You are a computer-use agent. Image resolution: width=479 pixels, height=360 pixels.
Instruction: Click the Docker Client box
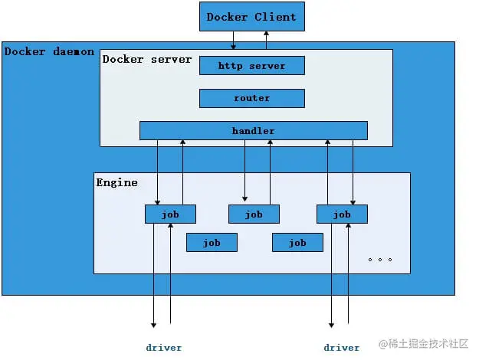click(x=251, y=17)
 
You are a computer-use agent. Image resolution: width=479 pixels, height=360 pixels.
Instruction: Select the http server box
click(x=251, y=66)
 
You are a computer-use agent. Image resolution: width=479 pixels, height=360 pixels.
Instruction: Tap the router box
click(x=251, y=98)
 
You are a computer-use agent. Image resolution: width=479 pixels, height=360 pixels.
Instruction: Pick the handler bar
click(x=253, y=131)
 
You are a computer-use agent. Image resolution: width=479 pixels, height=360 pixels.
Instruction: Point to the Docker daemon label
click(x=49, y=51)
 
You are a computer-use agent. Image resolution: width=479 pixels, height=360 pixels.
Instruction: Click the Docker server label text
click(x=147, y=59)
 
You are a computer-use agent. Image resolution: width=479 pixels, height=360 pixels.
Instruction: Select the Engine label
click(x=116, y=182)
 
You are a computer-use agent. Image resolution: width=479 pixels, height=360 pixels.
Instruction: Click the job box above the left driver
click(x=170, y=214)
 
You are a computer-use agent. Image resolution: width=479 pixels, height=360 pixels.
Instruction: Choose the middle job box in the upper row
click(x=254, y=214)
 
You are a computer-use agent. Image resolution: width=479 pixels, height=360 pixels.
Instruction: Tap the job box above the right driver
click(x=342, y=214)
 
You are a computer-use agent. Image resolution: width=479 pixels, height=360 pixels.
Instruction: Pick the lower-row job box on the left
click(x=212, y=243)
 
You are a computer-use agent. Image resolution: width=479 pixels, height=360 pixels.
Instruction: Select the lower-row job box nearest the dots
click(x=297, y=243)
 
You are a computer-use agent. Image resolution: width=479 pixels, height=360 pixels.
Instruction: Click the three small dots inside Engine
click(x=380, y=260)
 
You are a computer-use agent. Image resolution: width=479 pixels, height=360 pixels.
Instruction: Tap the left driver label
click(x=164, y=348)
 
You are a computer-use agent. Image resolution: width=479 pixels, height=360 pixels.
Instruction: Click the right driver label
click(x=341, y=348)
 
